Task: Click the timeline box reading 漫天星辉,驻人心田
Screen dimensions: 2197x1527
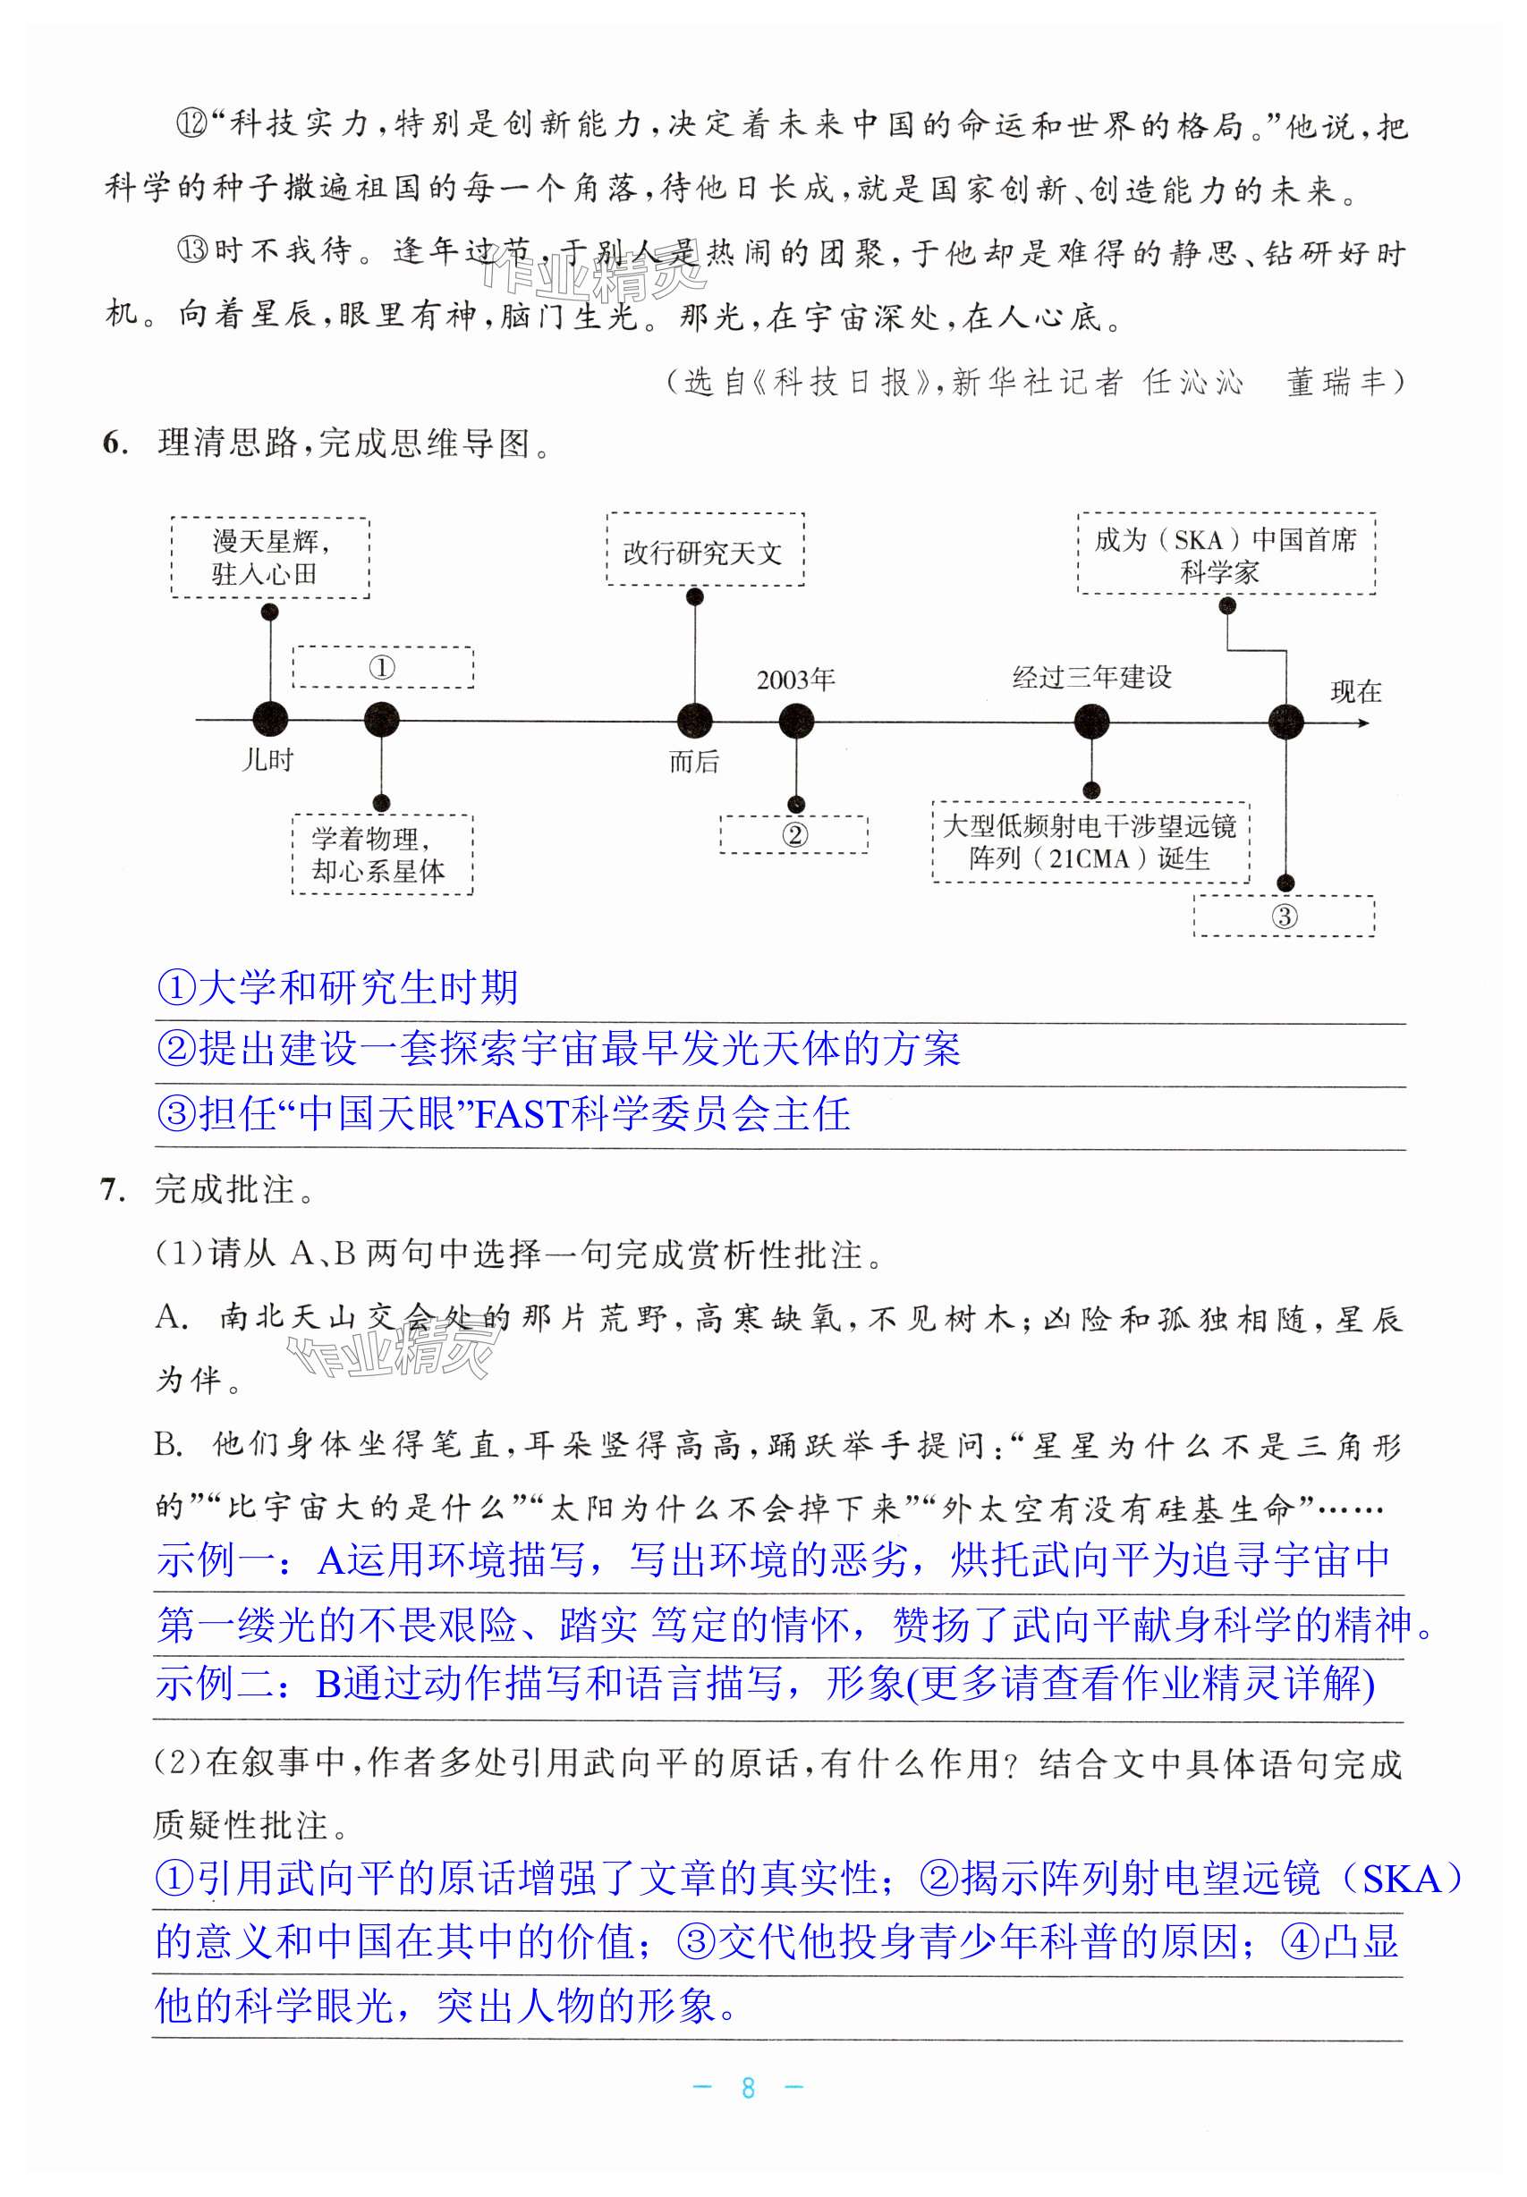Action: (x=270, y=558)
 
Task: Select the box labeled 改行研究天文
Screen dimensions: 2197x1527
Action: (x=704, y=551)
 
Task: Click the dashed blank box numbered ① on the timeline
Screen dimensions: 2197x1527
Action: (x=382, y=668)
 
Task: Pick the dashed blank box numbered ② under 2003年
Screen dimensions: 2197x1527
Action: (x=793, y=834)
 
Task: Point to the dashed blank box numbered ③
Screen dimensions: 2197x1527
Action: (x=1283, y=917)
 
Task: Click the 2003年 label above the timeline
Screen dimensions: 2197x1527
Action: (x=795, y=680)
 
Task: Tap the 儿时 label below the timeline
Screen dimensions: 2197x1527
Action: (x=267, y=759)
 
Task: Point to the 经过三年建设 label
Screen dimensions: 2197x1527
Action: (x=1091, y=677)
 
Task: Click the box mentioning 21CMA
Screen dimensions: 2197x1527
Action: (x=1090, y=842)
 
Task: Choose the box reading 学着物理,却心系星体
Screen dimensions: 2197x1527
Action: (x=381, y=854)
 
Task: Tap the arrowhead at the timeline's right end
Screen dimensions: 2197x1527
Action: (x=1363, y=722)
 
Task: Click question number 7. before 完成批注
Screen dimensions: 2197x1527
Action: (x=113, y=1191)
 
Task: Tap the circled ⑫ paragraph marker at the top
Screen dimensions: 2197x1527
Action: (x=191, y=124)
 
